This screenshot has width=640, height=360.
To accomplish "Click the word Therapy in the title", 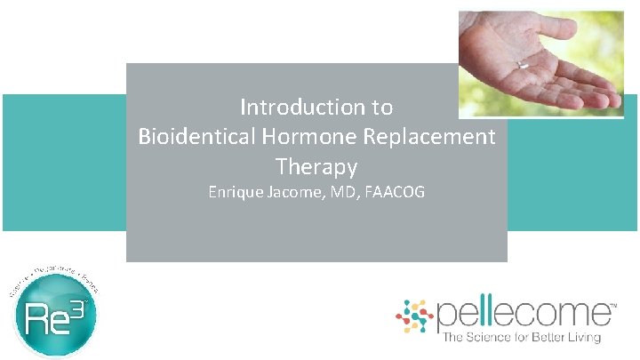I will click(316, 166).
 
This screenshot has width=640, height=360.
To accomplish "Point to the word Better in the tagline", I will click(544, 337).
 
